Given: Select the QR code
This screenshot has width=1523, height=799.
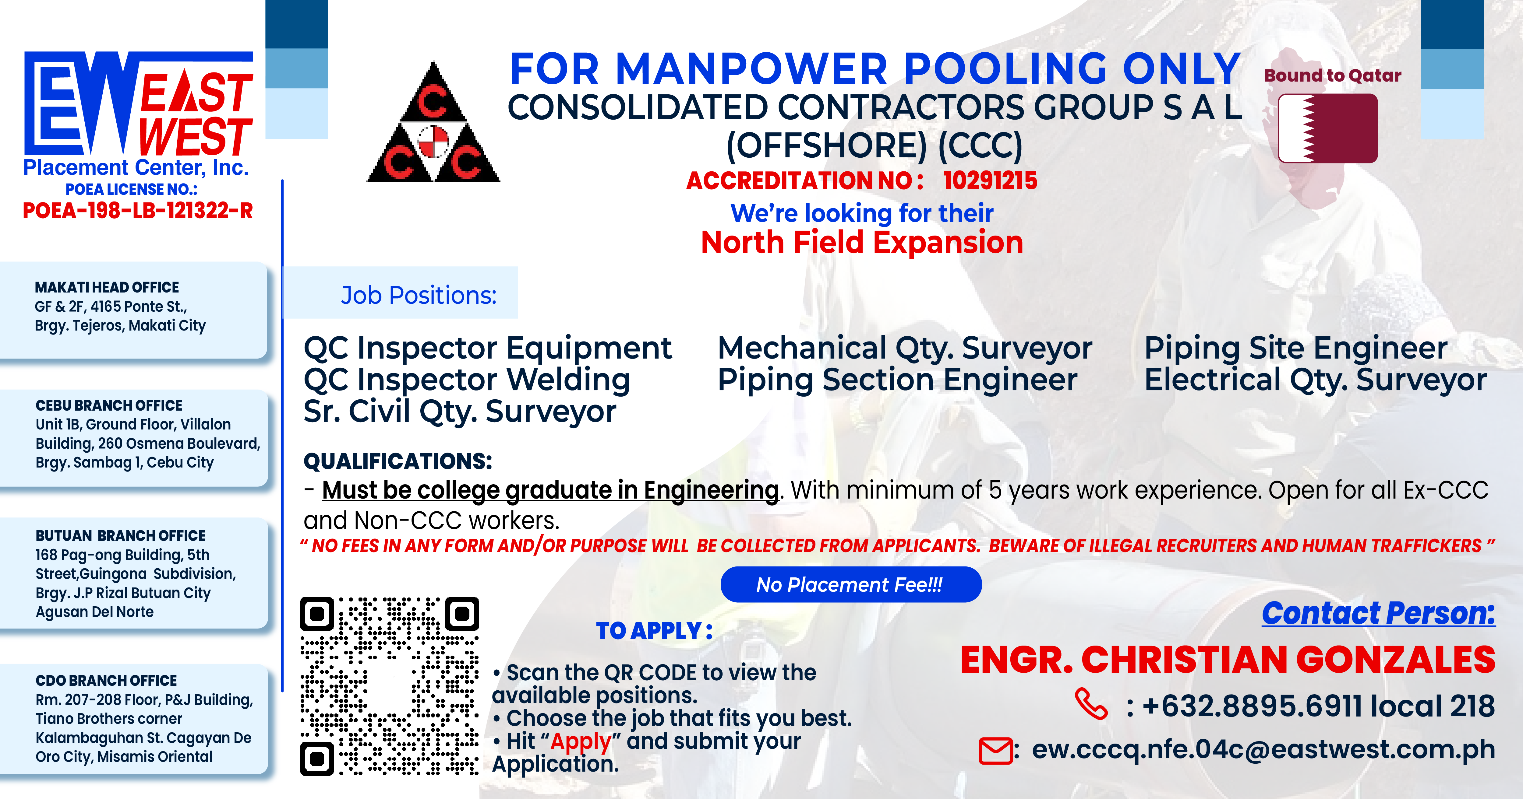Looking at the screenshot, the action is (x=390, y=686).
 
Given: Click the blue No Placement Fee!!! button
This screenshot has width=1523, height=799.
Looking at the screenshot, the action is (x=851, y=584).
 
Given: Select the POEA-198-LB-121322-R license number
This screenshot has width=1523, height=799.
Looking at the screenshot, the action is (x=138, y=210).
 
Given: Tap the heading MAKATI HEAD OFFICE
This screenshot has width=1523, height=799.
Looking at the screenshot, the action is (x=107, y=287).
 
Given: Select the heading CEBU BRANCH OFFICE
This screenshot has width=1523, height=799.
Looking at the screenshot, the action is (x=109, y=405).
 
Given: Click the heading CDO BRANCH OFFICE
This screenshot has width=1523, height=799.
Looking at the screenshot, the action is (x=106, y=680).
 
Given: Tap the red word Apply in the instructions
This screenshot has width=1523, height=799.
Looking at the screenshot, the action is (x=581, y=742).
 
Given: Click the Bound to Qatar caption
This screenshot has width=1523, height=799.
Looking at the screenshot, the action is (x=1333, y=76).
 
